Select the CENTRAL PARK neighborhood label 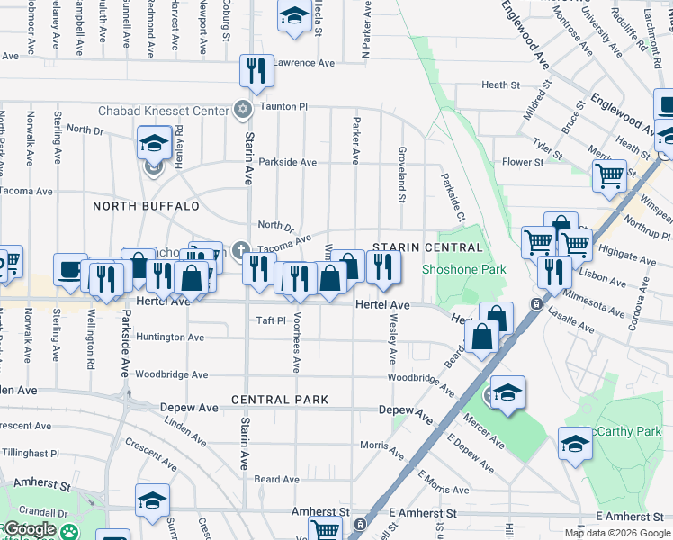[279, 399]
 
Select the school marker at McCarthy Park [575, 443]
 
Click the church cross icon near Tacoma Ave [240, 249]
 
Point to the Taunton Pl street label [283, 106]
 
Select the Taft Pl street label [270, 319]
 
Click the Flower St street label [523, 162]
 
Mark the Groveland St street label [402, 175]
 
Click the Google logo [30, 529]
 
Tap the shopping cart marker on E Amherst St [325, 530]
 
